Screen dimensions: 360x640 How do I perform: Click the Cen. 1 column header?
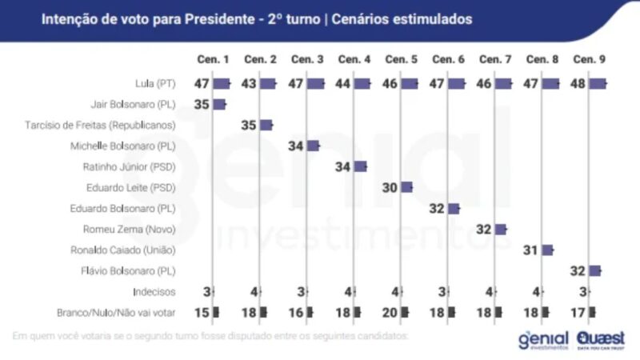214,60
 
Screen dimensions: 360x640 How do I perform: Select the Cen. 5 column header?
402,60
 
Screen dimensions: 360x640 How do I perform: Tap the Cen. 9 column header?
590,60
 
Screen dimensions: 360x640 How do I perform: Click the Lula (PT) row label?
156,83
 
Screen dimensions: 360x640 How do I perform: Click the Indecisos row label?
154,292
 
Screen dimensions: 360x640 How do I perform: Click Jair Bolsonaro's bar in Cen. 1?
219,104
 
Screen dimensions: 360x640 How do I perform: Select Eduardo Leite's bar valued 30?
406,187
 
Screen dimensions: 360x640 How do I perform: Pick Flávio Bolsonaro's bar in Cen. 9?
594,271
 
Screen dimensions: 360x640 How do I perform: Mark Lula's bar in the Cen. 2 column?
267,83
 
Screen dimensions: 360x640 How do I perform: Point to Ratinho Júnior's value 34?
344,166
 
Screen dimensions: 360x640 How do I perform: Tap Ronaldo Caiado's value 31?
532,250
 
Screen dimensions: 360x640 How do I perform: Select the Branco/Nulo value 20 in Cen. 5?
391,312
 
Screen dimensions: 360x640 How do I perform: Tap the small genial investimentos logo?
544,339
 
